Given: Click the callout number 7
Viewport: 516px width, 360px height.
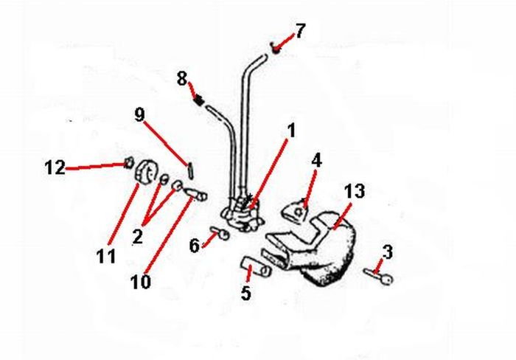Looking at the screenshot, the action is (299, 31).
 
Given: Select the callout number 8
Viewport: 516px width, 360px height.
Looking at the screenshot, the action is (182, 78).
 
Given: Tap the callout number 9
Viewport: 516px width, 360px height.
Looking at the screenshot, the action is (139, 115).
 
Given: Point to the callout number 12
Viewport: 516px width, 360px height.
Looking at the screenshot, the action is (55, 168).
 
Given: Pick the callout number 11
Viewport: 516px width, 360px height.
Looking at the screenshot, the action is (106, 256).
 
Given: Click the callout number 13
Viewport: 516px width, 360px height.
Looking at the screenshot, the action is (355, 192).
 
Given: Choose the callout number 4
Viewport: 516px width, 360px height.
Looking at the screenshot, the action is (316, 159).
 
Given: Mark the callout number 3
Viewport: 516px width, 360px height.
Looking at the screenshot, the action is (388, 252).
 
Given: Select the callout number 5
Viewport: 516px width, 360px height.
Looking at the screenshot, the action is (245, 293).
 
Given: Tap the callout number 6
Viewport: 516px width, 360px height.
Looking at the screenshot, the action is (194, 245).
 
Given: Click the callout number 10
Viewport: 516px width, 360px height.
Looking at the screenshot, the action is (139, 281).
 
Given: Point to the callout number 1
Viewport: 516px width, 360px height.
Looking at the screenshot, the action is (290, 131).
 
